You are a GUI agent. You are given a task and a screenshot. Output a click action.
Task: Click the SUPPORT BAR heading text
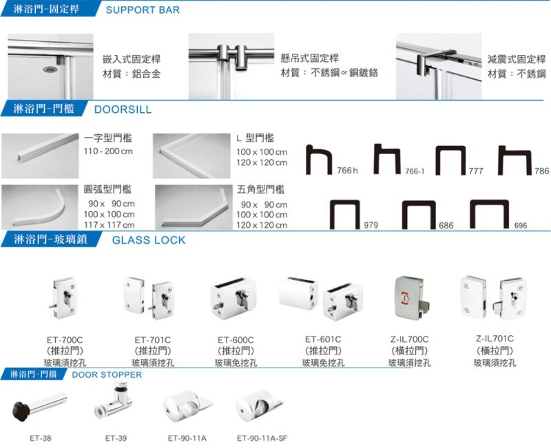coord(143,10)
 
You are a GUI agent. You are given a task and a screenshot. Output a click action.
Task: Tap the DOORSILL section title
coord(123,109)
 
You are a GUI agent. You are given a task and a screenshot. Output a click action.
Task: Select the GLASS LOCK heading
coord(149,240)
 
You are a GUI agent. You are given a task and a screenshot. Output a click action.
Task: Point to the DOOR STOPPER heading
coord(107,374)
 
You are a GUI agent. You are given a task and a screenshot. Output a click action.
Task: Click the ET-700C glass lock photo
coord(63,299)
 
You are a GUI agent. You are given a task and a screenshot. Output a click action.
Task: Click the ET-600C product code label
coord(236,340)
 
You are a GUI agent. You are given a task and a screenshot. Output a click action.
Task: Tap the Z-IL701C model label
coord(495,339)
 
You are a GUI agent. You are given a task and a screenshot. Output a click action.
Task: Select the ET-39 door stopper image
coord(113,401)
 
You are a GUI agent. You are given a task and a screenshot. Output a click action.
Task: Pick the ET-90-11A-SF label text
coord(262,438)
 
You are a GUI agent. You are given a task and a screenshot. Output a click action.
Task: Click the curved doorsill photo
coord(40,207)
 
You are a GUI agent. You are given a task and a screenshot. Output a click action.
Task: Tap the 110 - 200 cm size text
coord(108,151)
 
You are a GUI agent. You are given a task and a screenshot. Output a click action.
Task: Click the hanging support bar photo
coord(231,66)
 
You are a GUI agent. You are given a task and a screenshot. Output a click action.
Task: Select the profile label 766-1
coord(415,171)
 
